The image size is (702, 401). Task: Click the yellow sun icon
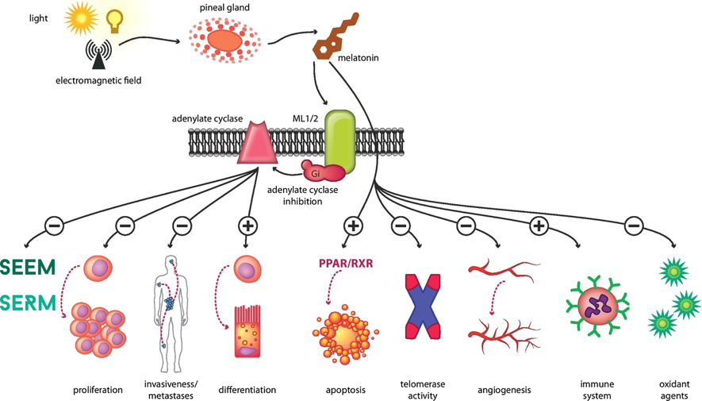pyautogui.click(x=81, y=18)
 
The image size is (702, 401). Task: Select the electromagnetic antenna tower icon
pyautogui.click(x=98, y=55)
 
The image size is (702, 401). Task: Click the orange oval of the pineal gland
pyautogui.click(x=224, y=40)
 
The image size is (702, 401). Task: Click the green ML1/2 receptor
pyautogui.click(x=339, y=141)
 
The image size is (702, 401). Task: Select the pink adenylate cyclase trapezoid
pyautogui.click(x=257, y=141)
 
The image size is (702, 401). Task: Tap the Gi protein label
pyautogui.click(x=315, y=173)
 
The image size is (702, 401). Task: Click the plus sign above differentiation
pyautogui.click(x=247, y=226)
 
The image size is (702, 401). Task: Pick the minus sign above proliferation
pyautogui.click(x=125, y=226)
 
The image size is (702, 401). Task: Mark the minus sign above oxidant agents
pyautogui.click(x=634, y=226)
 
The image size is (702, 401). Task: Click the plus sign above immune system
pyautogui.click(x=539, y=226)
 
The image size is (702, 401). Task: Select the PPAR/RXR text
pyautogui.click(x=346, y=263)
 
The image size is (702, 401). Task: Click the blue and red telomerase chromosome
pyautogui.click(x=423, y=307)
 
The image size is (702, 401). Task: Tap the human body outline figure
pyautogui.click(x=170, y=314)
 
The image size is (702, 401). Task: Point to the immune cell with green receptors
pyautogui.click(x=597, y=307)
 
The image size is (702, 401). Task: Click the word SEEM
pyautogui.click(x=28, y=268)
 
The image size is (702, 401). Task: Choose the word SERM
pyautogui.click(x=28, y=303)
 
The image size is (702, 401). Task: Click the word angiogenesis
pyautogui.click(x=504, y=390)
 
